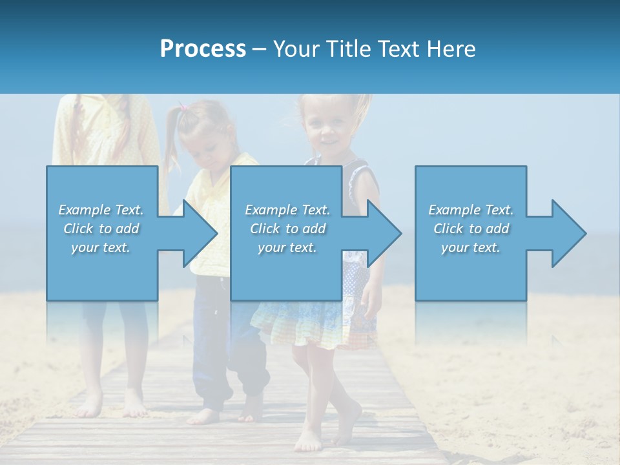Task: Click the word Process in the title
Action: (203, 49)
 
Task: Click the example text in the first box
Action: (101, 229)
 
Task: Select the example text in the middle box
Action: (287, 229)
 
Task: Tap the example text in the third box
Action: (471, 229)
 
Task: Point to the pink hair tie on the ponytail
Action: (183, 107)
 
